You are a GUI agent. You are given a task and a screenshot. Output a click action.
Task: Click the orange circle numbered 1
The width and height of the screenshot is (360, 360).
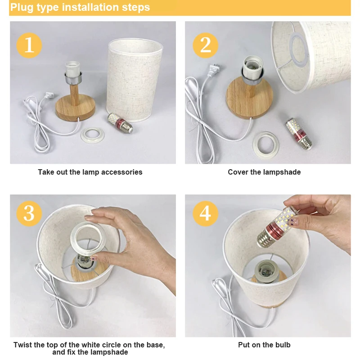pos(29,45)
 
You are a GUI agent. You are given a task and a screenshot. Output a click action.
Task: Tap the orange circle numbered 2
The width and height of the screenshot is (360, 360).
pos(206,45)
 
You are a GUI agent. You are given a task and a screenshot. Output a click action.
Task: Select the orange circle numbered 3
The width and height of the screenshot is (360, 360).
pos(29,213)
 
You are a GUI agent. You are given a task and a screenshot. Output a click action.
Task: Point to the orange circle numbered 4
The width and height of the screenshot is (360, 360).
pos(206,213)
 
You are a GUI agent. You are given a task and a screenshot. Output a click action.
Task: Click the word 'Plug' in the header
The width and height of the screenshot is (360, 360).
pos(22,7)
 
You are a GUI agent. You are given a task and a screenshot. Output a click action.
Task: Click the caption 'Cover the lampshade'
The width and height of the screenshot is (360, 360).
pos(264,172)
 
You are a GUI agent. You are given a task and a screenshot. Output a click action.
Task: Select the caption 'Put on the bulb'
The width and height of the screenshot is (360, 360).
pos(264,345)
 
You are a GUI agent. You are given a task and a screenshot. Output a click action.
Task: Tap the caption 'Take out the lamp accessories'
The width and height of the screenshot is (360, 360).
pos(90,172)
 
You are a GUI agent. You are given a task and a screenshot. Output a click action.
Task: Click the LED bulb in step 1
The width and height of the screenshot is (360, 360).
pos(120,123)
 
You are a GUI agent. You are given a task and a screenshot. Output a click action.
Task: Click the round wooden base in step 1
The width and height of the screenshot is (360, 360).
pos(75,108)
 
